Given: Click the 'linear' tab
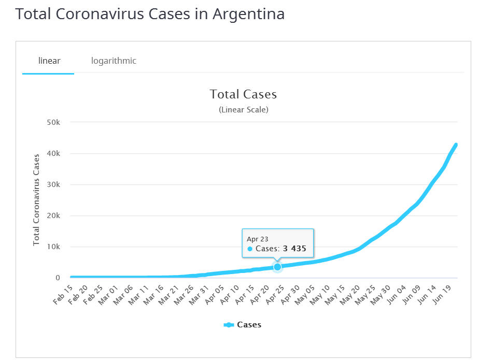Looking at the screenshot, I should click(49, 61).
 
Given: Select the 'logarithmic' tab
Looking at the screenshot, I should click(114, 61).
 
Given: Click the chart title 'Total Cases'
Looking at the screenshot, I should click(243, 94).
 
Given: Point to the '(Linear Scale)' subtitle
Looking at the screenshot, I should click(243, 110).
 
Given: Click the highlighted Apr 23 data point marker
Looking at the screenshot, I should click(277, 267).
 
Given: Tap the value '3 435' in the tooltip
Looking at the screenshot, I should click(294, 249).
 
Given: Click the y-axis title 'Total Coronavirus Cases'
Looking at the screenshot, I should click(36, 199).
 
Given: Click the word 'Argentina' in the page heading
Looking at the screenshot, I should click(248, 14).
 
